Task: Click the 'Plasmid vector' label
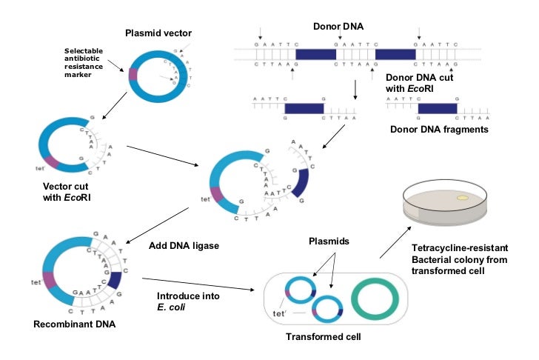click(158, 33)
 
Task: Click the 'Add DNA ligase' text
click(175, 245)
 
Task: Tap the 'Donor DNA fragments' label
click(439, 130)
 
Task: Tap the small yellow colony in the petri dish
click(462, 198)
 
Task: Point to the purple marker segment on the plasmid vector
click(133, 74)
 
